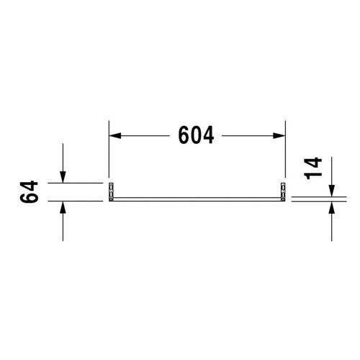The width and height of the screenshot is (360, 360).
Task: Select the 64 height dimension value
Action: coord(29,192)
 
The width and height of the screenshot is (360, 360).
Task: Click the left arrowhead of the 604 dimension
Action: coord(114,135)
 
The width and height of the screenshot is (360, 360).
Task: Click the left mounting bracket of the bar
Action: coord(111,193)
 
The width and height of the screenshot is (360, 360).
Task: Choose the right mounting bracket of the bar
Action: coord(283,193)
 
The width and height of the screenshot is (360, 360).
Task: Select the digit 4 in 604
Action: coord(209,135)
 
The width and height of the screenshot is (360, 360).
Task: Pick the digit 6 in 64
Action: coord(29,200)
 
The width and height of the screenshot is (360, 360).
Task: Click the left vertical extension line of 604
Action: coord(109,151)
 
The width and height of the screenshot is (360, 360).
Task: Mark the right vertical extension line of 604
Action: coord(285,151)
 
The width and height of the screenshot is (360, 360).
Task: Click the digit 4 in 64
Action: coord(29,185)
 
